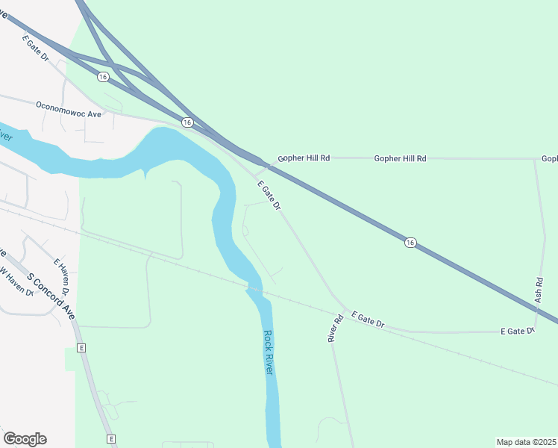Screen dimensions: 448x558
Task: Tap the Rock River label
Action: (x=269, y=352)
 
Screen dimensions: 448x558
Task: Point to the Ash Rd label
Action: (x=539, y=290)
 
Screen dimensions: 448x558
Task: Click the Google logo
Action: (x=25, y=439)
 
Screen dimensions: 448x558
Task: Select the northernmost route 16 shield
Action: (x=103, y=77)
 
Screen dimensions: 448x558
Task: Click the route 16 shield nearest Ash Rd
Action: (x=410, y=242)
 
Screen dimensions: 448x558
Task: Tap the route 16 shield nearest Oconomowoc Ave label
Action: (x=186, y=122)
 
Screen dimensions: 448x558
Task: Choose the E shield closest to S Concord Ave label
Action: (x=81, y=348)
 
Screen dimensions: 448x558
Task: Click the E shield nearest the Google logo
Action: (x=110, y=438)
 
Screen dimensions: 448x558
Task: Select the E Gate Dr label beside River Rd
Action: (x=368, y=320)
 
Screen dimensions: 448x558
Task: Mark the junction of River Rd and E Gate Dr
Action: (x=345, y=308)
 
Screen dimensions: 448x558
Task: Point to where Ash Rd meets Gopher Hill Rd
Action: (x=534, y=158)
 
